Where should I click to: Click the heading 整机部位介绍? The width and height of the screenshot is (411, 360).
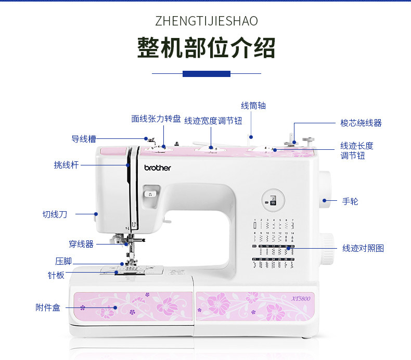click(206, 48)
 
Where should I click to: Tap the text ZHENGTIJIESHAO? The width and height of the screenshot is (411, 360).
click(206, 21)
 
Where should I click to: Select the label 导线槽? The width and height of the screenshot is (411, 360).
click(83, 139)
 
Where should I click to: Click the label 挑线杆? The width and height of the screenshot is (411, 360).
click(66, 165)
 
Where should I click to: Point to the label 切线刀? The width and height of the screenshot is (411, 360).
click(55, 214)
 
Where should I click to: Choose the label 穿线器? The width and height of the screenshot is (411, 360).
click(81, 243)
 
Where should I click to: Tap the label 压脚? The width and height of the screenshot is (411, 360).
click(63, 261)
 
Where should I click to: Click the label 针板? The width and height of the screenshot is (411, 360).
click(56, 275)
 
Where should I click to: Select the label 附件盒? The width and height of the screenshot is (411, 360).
click(48, 307)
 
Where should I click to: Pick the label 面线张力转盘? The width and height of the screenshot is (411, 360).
click(156, 119)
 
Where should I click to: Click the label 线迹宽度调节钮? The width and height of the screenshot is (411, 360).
click(213, 121)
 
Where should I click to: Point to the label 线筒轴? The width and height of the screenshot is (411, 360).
click(253, 106)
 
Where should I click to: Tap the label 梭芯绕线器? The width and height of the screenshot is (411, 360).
click(361, 123)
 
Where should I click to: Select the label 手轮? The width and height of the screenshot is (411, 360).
click(350, 201)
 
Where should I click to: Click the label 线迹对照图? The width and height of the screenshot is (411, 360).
click(363, 249)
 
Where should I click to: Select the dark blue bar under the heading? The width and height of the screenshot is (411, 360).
click(206, 74)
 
